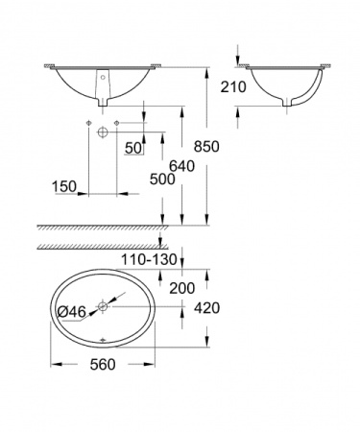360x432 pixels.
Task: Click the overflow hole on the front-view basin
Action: click(104, 75)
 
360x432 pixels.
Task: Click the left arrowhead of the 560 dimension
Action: click(53, 364)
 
